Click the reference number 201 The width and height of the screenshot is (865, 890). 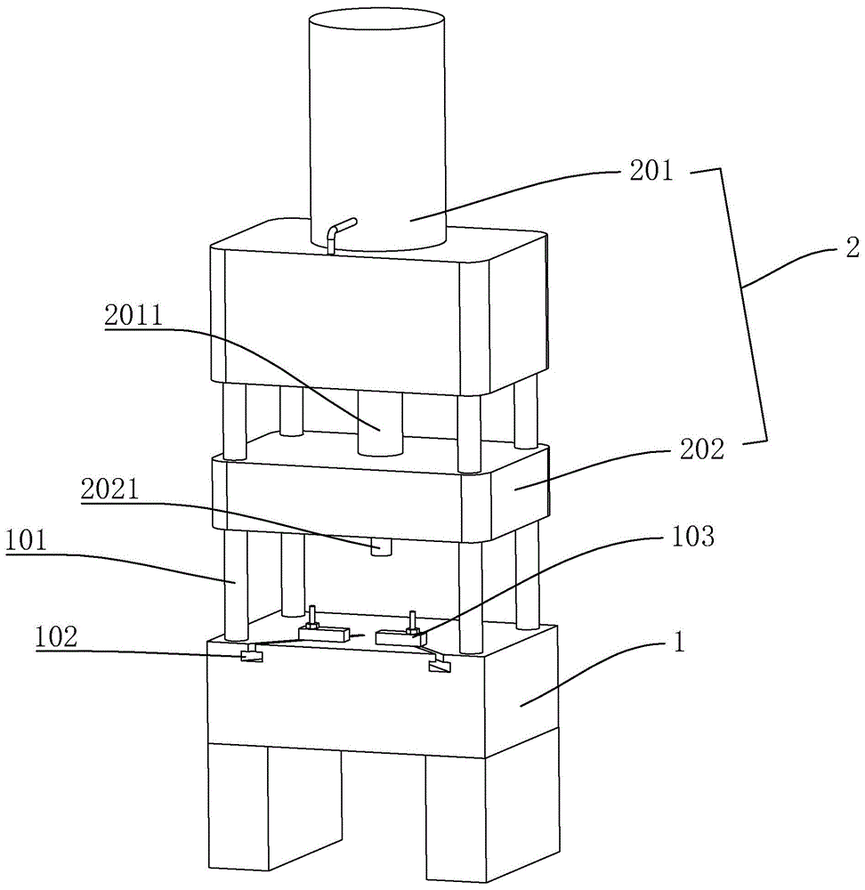coord(652,170)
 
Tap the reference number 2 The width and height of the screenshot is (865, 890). coord(847,251)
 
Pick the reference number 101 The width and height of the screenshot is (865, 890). coord(32,540)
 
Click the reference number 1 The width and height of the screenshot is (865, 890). coord(678,642)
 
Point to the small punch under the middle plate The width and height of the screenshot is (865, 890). coord(381,546)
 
